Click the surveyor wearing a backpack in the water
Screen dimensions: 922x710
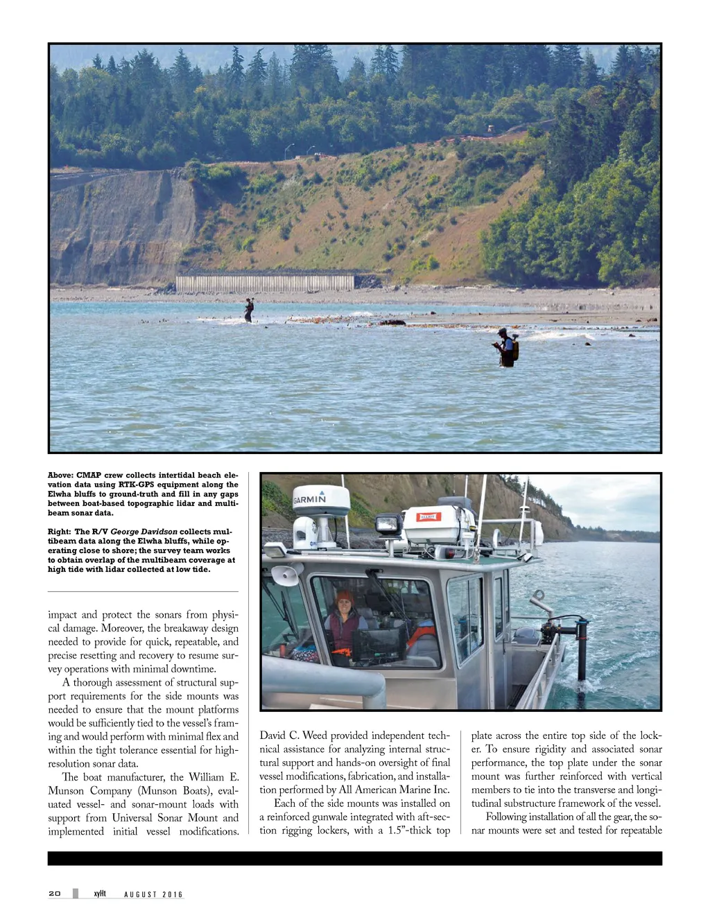pos(507,348)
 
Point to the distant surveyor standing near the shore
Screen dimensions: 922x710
pos(249,310)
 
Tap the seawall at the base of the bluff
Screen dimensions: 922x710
pos(265,282)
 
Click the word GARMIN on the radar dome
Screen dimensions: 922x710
pos(309,499)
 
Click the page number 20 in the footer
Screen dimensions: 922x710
pos(55,894)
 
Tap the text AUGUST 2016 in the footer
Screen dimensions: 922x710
pos(153,894)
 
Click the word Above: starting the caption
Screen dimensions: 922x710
pos(60,476)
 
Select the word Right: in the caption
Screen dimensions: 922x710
pos(59,532)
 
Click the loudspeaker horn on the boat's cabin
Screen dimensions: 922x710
pos(286,575)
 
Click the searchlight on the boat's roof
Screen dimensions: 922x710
pos(388,525)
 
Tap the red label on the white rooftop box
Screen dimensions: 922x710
pos(428,516)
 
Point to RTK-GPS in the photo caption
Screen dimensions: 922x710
pos(136,485)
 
